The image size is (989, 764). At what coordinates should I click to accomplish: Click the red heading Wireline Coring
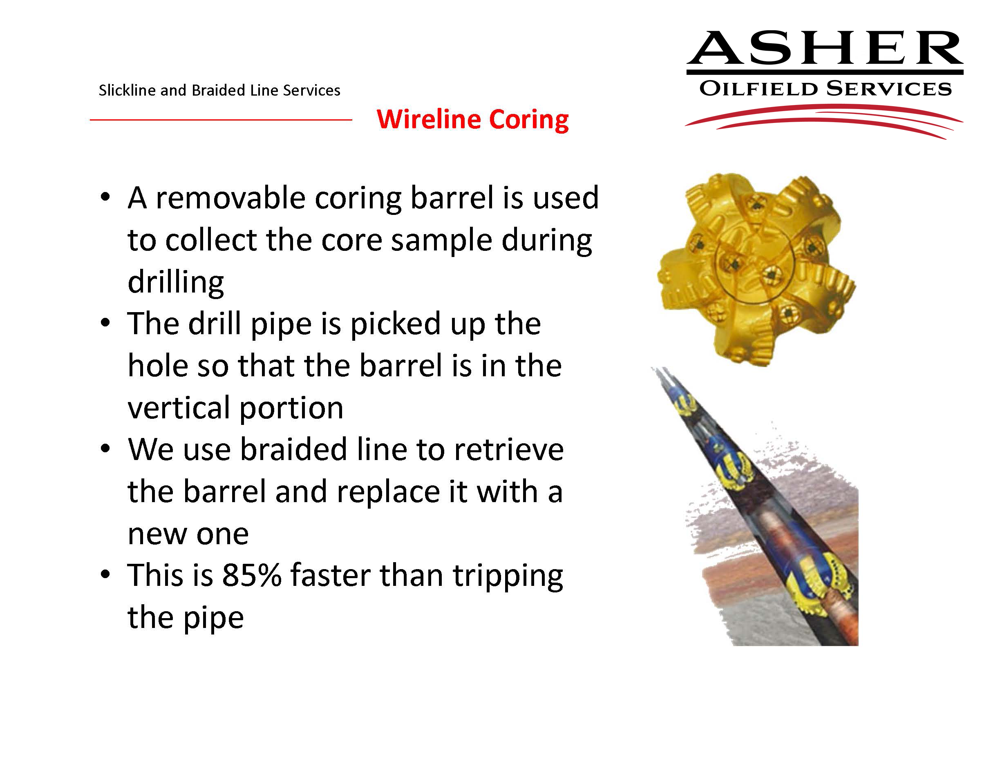coord(472,120)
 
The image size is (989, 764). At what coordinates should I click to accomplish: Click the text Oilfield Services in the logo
coord(825,89)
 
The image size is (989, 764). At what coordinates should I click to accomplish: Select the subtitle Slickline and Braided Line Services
coord(219,91)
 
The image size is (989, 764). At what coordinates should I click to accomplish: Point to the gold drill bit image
coord(756,269)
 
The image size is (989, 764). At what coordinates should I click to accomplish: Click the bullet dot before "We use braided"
coord(105,449)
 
